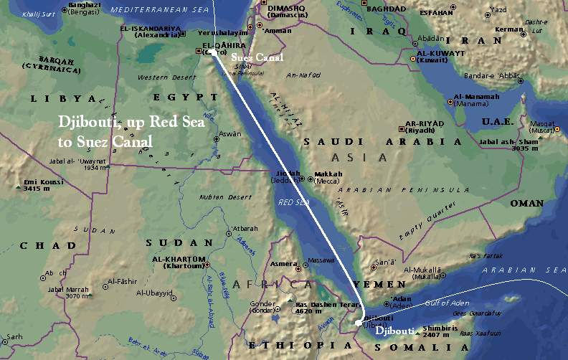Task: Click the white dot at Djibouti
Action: click(359, 323)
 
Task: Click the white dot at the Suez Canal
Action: click(214, 52)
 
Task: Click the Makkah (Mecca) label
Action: click(327, 177)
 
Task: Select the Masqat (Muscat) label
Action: click(542, 129)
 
